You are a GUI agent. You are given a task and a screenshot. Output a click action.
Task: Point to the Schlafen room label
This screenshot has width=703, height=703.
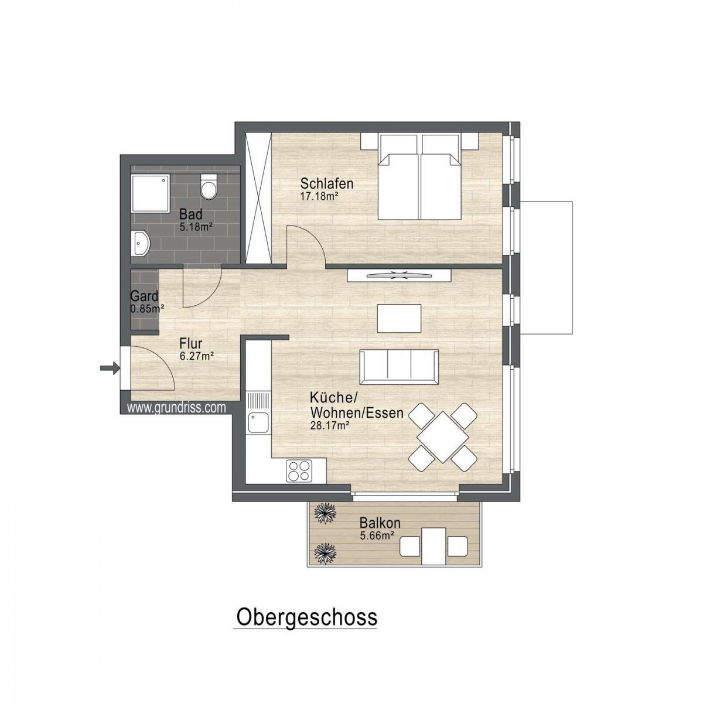pos(327,183)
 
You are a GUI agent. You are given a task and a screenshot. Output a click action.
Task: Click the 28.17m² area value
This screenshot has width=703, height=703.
pos(330,425)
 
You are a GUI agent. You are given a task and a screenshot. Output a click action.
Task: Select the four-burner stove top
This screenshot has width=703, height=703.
pos(299,470)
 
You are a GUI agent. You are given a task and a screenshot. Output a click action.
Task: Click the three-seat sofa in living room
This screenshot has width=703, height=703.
pos(398,366)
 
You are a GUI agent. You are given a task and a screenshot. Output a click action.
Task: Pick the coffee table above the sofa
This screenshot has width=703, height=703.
pos(399,318)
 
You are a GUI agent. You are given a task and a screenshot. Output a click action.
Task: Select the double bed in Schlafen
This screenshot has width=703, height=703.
pos(418,176)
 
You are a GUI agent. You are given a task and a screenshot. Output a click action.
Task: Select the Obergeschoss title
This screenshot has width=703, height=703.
pos(306,617)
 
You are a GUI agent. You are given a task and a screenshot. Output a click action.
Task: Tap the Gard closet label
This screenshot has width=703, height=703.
pos(144,296)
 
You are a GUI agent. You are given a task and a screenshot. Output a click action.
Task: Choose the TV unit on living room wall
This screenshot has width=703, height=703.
pos(399,276)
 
